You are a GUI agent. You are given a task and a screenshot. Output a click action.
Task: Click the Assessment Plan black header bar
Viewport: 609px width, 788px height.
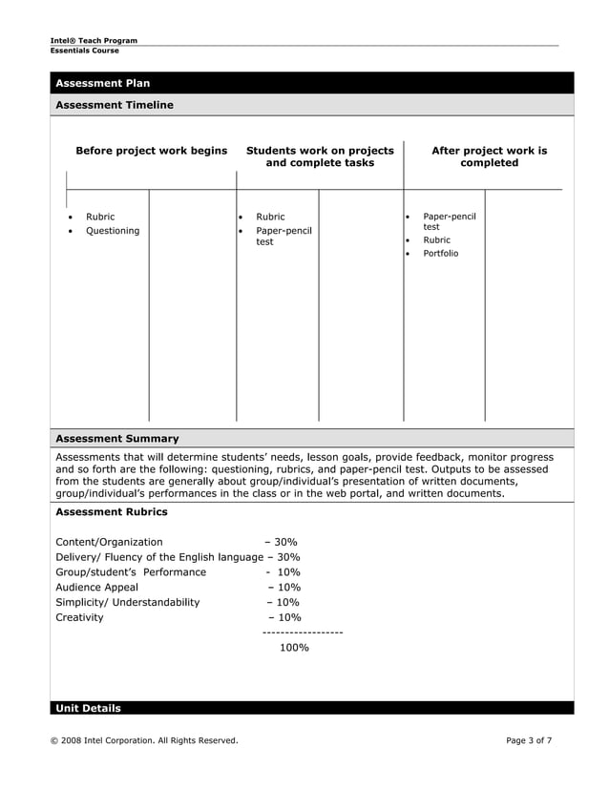(x=311, y=83)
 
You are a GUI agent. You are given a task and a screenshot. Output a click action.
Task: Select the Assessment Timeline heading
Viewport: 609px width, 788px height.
(x=115, y=105)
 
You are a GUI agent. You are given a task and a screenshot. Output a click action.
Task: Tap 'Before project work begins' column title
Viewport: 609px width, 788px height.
(x=152, y=151)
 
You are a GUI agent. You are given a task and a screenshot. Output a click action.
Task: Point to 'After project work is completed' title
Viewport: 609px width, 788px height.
(x=489, y=156)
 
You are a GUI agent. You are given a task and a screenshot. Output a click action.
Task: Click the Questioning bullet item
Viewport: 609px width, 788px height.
(x=113, y=231)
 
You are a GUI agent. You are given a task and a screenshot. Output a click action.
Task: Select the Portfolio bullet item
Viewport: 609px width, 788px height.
(x=440, y=254)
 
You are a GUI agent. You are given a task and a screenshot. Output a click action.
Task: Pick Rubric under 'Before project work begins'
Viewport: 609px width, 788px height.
(x=100, y=217)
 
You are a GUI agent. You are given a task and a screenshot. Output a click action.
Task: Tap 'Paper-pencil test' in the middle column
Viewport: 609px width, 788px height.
(x=283, y=237)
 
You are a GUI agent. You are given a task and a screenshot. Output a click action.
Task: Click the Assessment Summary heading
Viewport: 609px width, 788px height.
(x=117, y=439)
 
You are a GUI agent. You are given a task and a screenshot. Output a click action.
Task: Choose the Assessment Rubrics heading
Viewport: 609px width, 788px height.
(x=112, y=512)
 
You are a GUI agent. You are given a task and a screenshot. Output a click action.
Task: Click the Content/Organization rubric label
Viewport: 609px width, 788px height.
(x=109, y=542)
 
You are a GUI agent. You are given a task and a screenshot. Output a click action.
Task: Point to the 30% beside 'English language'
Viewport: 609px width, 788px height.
(x=288, y=557)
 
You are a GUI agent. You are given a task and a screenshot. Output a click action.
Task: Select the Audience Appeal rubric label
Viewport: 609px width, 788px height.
(x=96, y=587)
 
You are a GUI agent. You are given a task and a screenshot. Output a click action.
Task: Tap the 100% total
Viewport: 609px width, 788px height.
(x=294, y=648)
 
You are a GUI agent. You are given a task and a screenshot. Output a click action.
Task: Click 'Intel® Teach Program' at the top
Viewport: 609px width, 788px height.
(x=94, y=40)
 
